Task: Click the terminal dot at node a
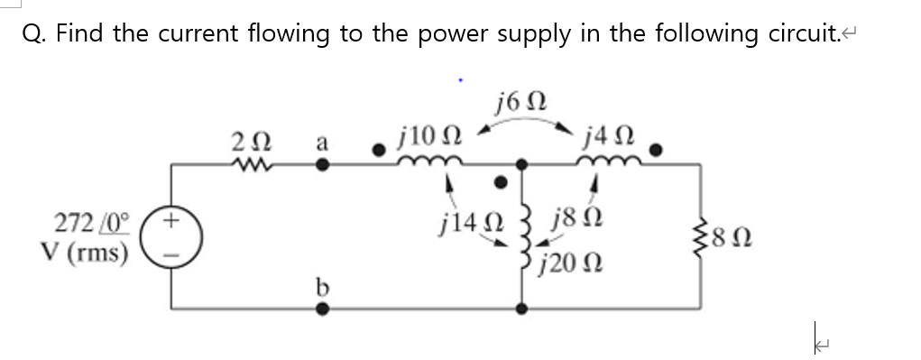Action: [x=320, y=165]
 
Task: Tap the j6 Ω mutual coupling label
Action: [x=520, y=98]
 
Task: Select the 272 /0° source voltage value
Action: [x=92, y=222]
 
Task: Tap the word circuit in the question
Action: [x=787, y=33]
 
